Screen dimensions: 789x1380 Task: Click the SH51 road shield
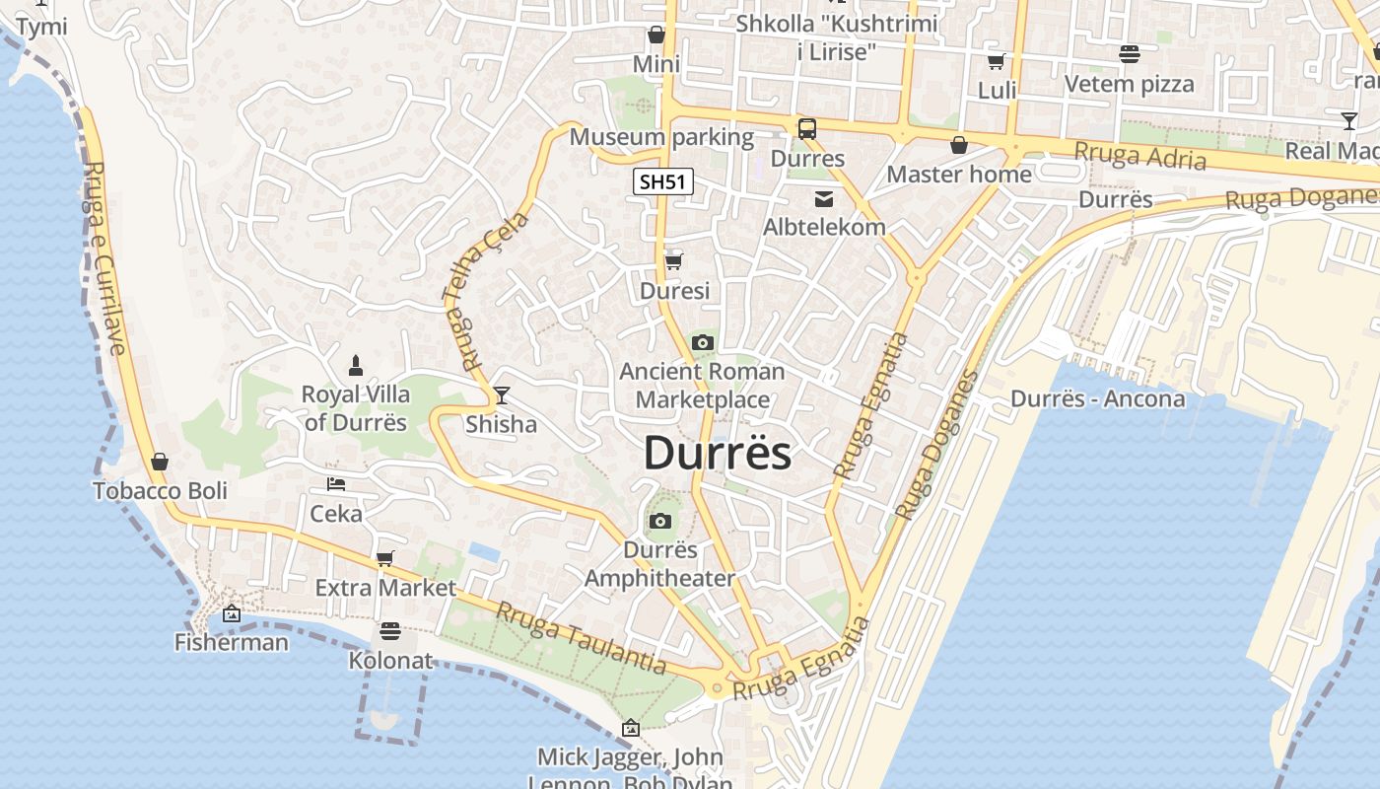pos(662,181)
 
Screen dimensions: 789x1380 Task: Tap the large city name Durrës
pos(718,454)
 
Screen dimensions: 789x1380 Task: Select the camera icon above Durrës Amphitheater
pos(660,522)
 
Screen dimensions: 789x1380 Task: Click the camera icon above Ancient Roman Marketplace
pos(702,343)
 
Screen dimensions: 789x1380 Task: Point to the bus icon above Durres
pos(806,128)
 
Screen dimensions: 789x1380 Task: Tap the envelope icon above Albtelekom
pos(823,199)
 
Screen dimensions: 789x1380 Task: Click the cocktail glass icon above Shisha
pos(502,395)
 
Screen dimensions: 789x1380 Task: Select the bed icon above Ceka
pos(336,484)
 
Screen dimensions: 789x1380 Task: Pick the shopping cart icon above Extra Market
pos(385,559)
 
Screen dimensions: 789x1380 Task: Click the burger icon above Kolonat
pos(390,630)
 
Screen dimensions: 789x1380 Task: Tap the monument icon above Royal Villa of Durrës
pos(355,365)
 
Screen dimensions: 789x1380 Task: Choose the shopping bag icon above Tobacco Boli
pos(160,462)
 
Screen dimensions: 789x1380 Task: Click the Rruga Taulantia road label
pos(581,638)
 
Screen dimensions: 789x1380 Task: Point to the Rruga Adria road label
pos(1139,156)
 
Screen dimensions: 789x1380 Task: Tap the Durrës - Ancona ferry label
pos(1097,399)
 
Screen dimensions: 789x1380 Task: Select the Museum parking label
pos(661,137)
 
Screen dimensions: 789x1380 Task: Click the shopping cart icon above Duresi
pos(674,262)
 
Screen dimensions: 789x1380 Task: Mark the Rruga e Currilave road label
pos(104,258)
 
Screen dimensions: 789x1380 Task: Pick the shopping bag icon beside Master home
pos(958,146)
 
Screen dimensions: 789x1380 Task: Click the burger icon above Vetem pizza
pos(1130,54)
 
